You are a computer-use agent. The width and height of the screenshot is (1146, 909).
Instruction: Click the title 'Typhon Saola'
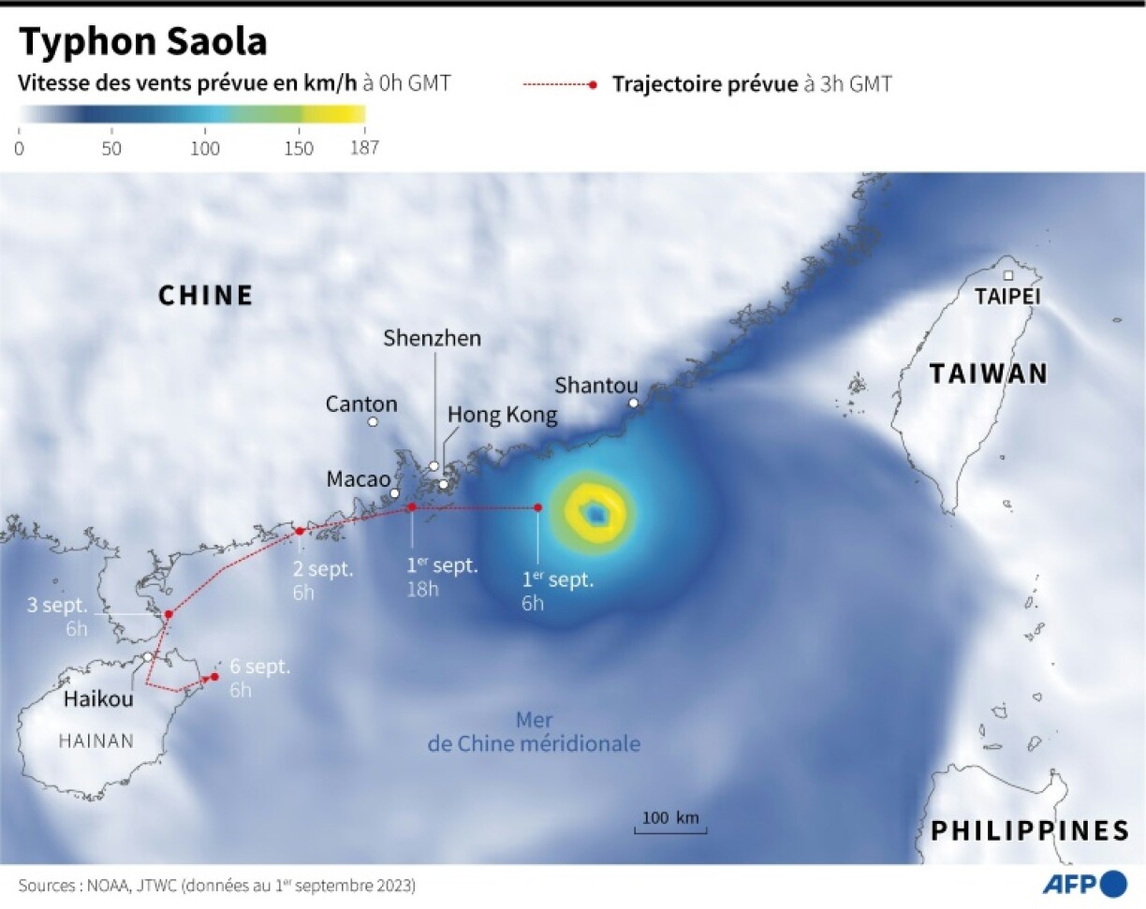click(x=143, y=42)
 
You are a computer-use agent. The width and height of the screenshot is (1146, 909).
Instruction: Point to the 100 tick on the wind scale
click(x=205, y=148)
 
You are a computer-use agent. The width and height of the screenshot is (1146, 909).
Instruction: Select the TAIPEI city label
click(x=1007, y=297)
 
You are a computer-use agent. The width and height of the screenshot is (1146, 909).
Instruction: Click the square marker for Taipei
click(x=1008, y=275)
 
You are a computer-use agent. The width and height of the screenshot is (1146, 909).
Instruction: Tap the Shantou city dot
click(x=633, y=403)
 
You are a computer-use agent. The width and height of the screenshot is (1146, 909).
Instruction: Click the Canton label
click(x=361, y=404)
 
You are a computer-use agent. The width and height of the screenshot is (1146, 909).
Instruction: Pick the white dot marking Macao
click(x=394, y=493)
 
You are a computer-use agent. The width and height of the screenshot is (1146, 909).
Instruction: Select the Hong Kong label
click(x=502, y=415)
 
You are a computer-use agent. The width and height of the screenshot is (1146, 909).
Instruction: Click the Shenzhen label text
click(x=432, y=338)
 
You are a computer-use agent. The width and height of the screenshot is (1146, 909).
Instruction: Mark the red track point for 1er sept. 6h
click(x=537, y=507)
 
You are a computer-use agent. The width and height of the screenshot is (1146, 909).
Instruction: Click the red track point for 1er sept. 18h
click(x=411, y=507)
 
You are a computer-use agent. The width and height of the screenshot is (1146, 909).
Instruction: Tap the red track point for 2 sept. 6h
click(x=300, y=532)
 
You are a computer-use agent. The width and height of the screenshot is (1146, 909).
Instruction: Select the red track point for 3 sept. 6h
click(x=169, y=615)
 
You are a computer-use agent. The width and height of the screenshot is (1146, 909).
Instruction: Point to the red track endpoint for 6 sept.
click(x=214, y=676)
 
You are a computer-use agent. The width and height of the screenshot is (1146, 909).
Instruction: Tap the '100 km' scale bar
click(x=670, y=824)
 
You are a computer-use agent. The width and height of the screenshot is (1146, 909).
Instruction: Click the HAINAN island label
click(x=96, y=740)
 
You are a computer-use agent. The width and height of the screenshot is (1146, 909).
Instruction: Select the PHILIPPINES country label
click(x=1029, y=830)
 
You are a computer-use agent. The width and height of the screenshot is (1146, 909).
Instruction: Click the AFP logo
click(x=1085, y=884)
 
